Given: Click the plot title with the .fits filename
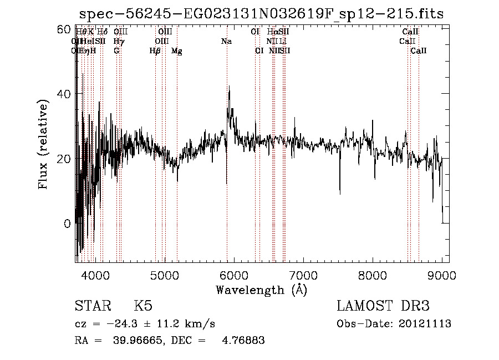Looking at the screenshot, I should pos(262,14).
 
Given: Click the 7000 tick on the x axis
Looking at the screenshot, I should pos(303,275).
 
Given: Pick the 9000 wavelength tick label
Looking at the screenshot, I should pos(442,275).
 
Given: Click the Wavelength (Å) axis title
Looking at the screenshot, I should pos(261,290).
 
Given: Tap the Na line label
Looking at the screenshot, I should pos(226,41).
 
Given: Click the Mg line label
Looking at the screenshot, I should pos(177,51).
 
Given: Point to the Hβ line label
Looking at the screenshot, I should pos(155,51).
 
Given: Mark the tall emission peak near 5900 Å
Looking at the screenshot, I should pos(229,89).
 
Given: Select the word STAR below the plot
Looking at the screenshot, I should pos(93,306).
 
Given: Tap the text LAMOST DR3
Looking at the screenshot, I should pos(383,306).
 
